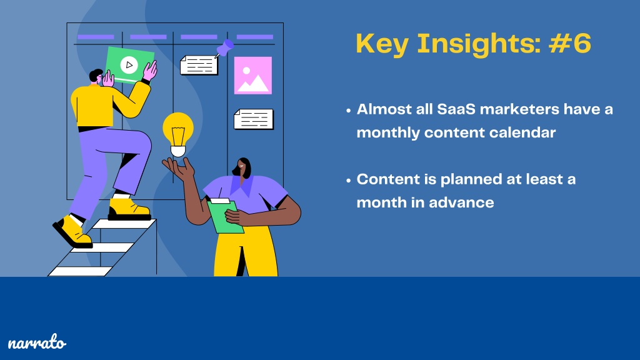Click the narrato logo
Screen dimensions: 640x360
coord(37,342)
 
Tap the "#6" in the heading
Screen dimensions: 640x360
coord(570,43)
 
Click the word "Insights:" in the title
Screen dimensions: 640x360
coord(479,44)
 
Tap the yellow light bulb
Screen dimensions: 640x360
coord(178,134)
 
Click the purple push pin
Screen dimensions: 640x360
coord(224,48)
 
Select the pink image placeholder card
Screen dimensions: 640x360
coord(252,76)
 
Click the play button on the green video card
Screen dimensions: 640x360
coord(129,64)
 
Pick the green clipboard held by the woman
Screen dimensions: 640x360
coord(225,216)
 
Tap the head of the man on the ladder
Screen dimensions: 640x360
coord(97,76)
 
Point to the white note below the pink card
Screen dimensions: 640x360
coord(254,119)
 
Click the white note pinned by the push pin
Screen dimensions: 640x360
coord(199,65)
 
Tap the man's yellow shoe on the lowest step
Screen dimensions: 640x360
coord(72,232)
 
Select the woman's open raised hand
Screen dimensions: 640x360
coord(178,167)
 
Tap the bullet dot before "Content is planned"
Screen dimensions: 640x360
coord(348,180)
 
